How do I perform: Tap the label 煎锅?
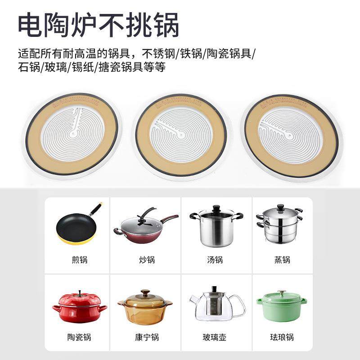pyautogui.click(x=78, y=260)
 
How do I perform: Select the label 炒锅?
pyautogui.click(x=147, y=260)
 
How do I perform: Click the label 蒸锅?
pyautogui.click(x=282, y=260)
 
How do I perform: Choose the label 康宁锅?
pyautogui.click(x=147, y=337)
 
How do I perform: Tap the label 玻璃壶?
pyautogui.click(x=215, y=337)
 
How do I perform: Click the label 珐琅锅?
pyautogui.click(x=282, y=337)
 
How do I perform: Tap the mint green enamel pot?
pyautogui.click(x=282, y=307)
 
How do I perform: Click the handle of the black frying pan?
pyautogui.click(x=95, y=209)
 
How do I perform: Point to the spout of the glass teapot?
pyautogui.click(x=193, y=301)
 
